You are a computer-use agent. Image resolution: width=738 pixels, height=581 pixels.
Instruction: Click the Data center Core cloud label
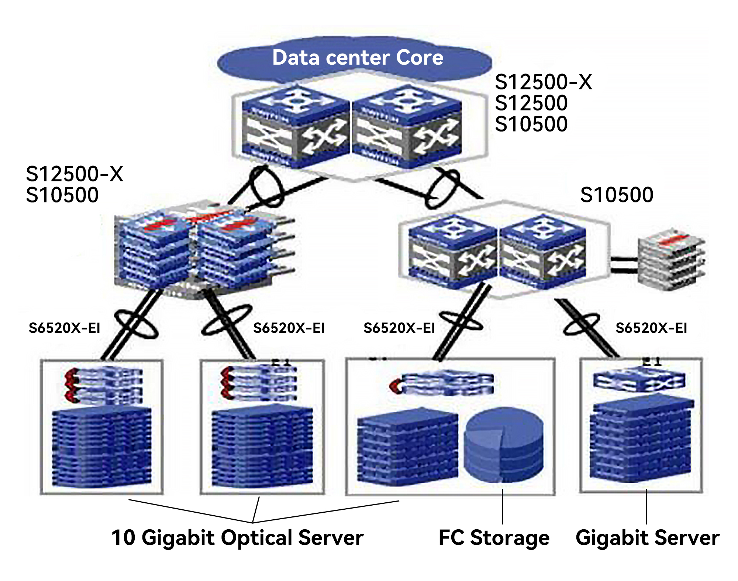[x=357, y=58]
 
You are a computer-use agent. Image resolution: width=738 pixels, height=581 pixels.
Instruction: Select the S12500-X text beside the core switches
[x=543, y=82]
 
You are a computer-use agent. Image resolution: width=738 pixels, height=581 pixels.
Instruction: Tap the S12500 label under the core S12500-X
[x=531, y=103]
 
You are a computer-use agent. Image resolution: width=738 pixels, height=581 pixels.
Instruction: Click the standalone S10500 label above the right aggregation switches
[x=616, y=195]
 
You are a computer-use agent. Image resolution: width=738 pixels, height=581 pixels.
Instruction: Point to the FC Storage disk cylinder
[x=504, y=445]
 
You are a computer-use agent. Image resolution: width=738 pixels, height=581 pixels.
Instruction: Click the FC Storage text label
[x=494, y=538]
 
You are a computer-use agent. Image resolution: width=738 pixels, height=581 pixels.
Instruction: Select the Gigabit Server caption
[x=647, y=538]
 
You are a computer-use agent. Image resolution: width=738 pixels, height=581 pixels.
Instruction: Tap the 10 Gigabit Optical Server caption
[x=237, y=538]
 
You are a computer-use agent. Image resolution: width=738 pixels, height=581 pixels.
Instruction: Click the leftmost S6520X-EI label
[x=64, y=328]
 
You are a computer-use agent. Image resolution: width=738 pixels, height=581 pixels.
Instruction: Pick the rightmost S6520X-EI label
[x=651, y=328]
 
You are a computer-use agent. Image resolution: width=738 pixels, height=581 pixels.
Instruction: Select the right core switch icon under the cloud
[x=407, y=126]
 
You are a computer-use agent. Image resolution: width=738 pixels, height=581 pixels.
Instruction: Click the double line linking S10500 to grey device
[x=624, y=265]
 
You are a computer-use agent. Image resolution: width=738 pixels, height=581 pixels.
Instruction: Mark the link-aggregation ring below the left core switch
[x=266, y=187]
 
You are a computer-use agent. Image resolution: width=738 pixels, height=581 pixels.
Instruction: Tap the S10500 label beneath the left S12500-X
[x=62, y=195]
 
